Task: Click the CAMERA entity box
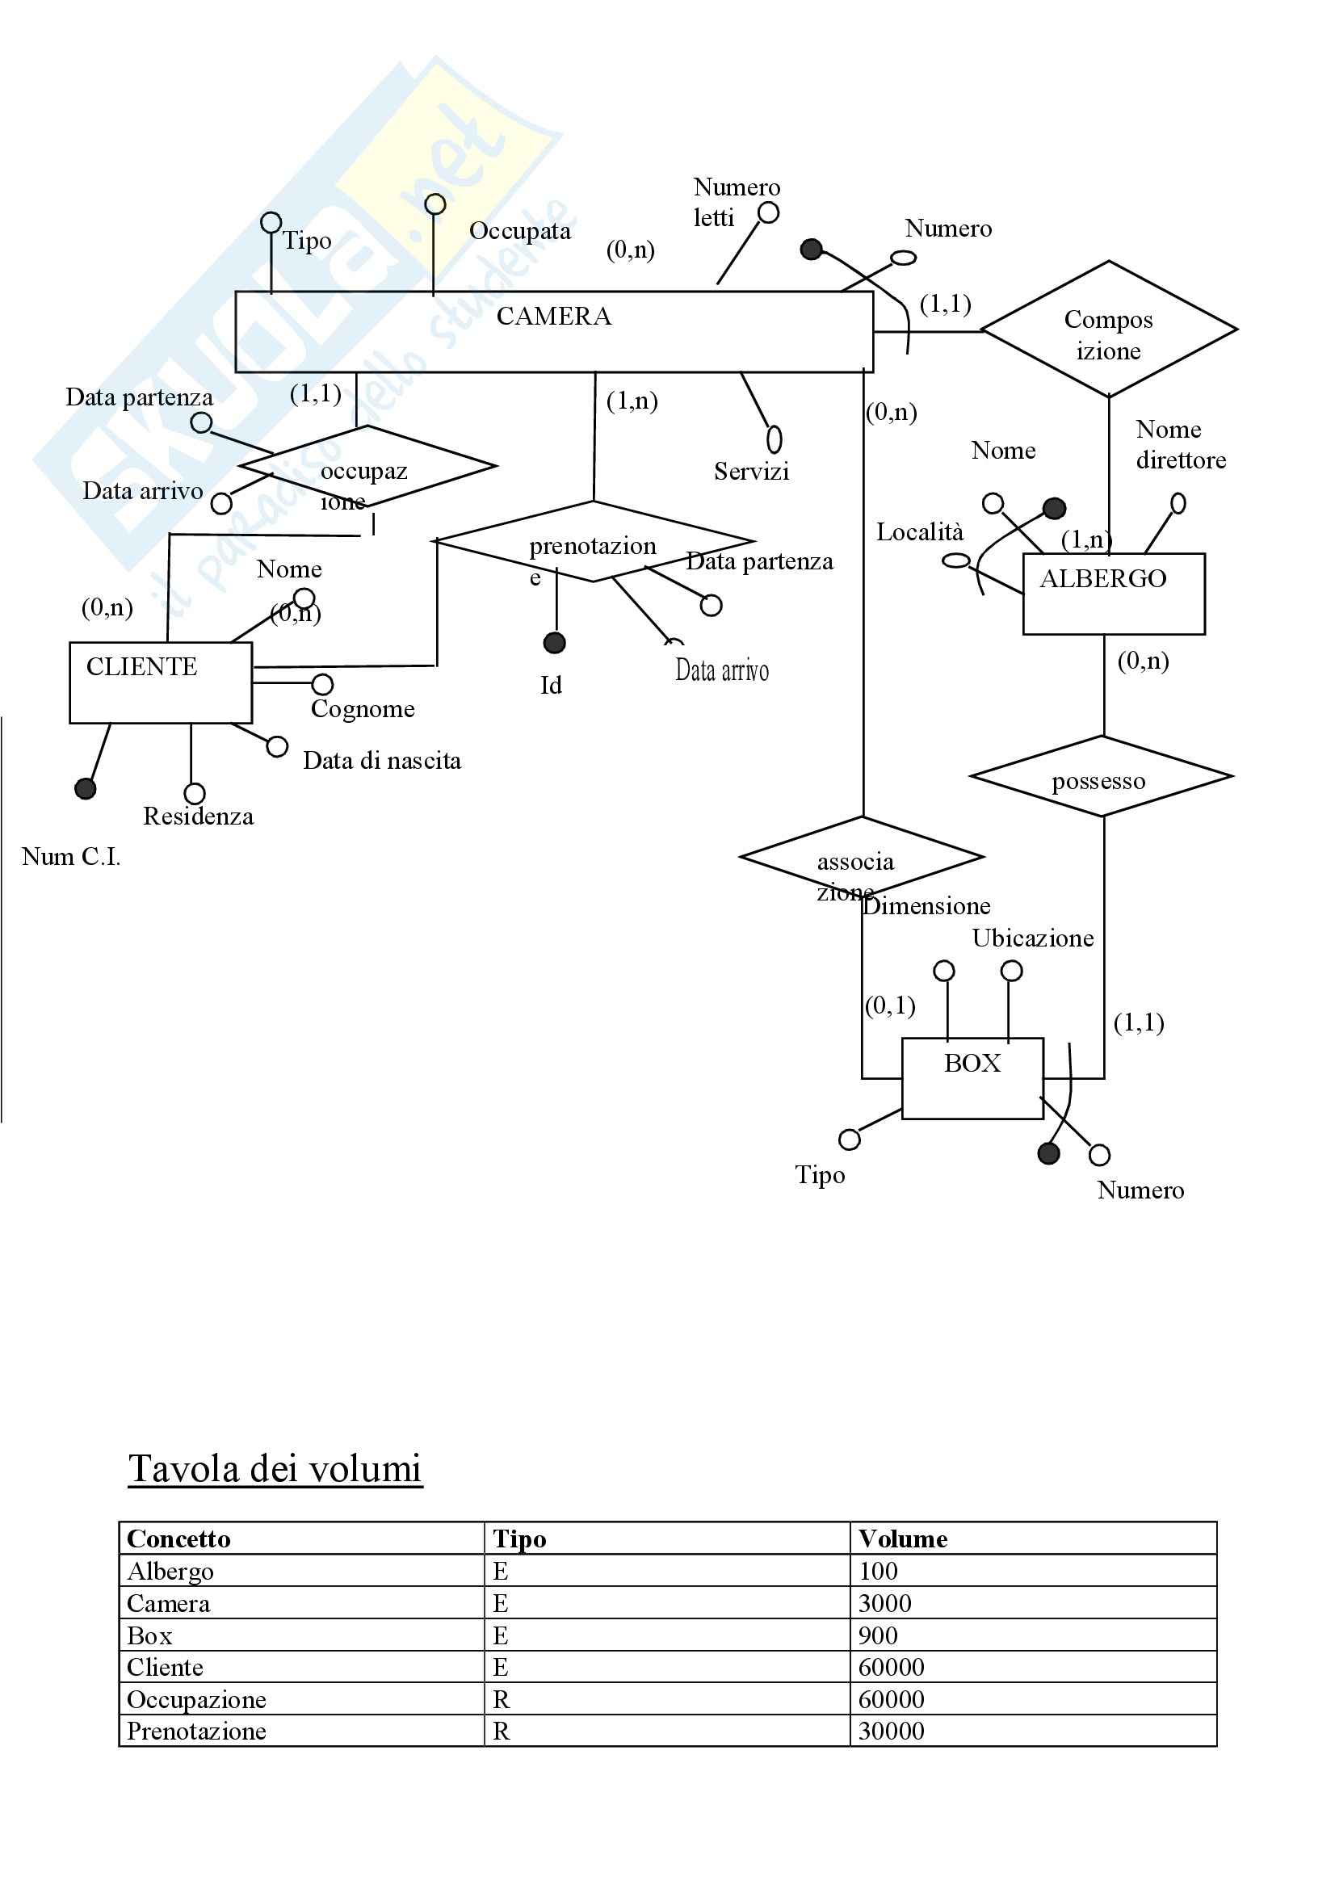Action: pos(553,332)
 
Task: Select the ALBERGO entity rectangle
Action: pos(1113,594)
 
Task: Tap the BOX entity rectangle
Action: pos(972,1078)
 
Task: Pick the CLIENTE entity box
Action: pos(161,682)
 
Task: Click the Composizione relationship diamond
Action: pos(1108,330)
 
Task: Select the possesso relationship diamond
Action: pos(1101,776)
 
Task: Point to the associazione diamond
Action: pos(861,858)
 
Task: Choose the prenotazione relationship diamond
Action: pos(593,541)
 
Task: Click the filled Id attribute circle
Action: pos(555,643)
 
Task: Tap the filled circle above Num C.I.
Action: pos(86,788)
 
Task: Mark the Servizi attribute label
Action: pos(751,472)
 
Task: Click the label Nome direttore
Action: pos(1181,444)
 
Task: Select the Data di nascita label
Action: pos(382,760)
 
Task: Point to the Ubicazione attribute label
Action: pos(1032,938)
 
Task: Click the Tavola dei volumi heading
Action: pos(275,1469)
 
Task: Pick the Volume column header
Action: pos(902,1538)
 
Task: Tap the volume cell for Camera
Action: pos(885,1602)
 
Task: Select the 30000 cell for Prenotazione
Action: pos(891,1731)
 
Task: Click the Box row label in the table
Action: pos(149,1635)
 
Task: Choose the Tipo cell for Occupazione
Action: pos(501,1699)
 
